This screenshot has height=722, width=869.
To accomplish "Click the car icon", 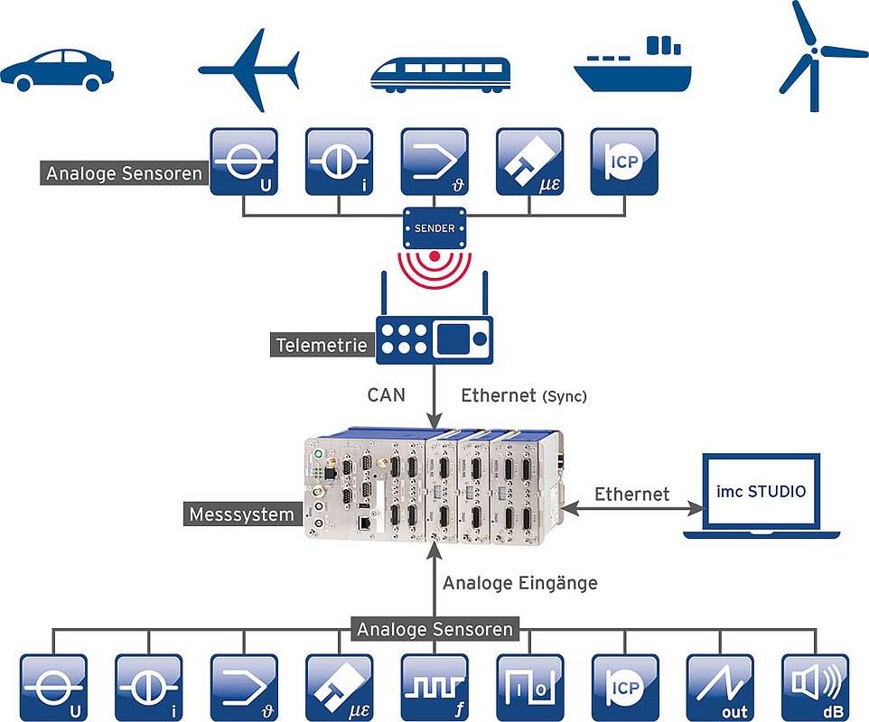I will coord(56,69).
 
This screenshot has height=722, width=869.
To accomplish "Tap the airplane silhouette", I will coord(249,69).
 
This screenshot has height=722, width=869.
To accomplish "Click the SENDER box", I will coord(434,228).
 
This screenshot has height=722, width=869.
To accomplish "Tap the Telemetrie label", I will coord(322,344).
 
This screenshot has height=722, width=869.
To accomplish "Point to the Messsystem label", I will coord(242,514).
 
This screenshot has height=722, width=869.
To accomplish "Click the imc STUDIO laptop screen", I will coord(762,492).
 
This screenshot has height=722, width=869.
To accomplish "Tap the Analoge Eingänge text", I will coord(519,583).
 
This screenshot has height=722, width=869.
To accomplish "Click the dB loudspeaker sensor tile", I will coord(814,687).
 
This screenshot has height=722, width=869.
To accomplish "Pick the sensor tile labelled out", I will coord(719,687).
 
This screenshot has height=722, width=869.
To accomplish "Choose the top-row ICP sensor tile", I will coord(624,161).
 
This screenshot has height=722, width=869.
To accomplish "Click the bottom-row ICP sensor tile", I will coord(624,687).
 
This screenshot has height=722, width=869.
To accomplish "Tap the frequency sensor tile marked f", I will coord(434,687).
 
